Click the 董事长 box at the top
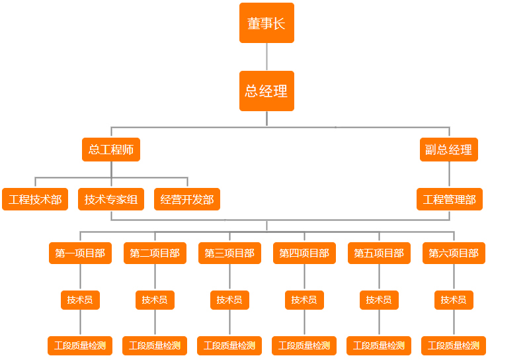tap(266, 23)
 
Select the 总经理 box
tap(266, 91)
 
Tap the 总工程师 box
tap(111, 150)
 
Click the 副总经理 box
tap(449, 150)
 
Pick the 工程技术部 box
tap(35, 199)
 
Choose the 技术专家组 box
tap(111, 199)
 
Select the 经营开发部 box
tap(187, 199)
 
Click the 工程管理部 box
tap(450, 199)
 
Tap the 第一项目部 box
tap(80, 253)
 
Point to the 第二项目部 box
tap(155, 253)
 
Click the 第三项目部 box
tap(229, 253)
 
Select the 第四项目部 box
tap(304, 253)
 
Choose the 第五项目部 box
tap(379, 253)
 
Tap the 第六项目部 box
tap(454, 253)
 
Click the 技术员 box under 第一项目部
tap(80, 300)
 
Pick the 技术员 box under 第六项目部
tap(454, 300)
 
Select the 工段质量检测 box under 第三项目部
tap(229, 345)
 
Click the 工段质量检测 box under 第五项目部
tap(379, 345)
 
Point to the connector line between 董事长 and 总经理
tap(266, 57)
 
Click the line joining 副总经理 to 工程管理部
tap(450, 175)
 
